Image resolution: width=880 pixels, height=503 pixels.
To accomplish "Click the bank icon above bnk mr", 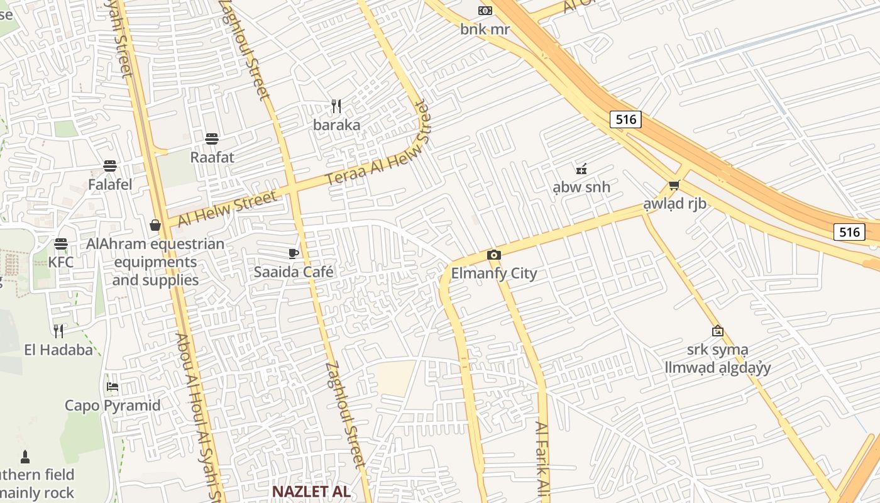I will coord(485,11).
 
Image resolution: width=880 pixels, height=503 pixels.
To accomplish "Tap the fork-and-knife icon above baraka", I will coord(336,106).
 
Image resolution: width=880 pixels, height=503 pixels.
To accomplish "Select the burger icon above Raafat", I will coord(212,139).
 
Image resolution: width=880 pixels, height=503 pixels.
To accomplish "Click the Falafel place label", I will coord(110,185).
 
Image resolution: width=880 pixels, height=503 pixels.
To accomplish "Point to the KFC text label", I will coord(61,262).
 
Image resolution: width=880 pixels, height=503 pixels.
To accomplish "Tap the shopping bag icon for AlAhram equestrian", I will coord(155,225).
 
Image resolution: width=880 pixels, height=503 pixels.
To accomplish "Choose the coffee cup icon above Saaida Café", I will coord(293,253).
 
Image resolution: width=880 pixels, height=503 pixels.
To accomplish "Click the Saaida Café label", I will coord(294,272).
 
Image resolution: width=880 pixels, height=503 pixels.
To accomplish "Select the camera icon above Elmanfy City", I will coord(494,255).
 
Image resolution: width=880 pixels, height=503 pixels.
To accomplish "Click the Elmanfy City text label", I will coord(494,274).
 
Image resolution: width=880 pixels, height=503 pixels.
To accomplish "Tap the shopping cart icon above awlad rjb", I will coord(674,185).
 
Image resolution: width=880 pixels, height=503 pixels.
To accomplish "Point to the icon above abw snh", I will coord(581,169).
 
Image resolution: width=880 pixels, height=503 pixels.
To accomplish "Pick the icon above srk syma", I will coord(717,331).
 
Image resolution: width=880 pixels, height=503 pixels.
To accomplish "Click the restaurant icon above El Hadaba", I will coord(58,331).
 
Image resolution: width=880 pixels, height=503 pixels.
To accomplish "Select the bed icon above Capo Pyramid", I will coord(113,387).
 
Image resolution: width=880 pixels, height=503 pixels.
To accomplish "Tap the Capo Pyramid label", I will coord(113,406).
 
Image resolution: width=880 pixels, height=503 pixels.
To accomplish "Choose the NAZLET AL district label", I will coord(311,491).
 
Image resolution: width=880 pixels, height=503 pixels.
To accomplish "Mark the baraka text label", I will coord(337,125).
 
